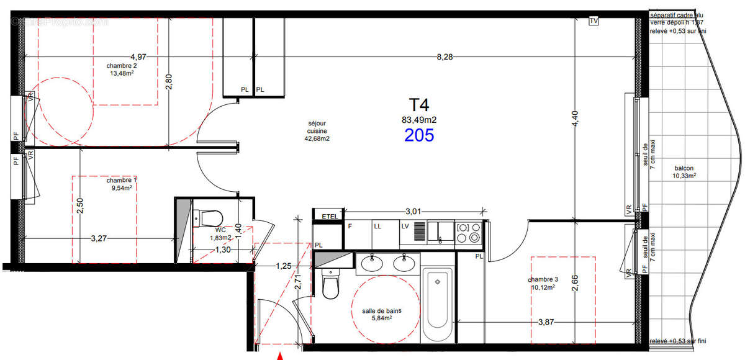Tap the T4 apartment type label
click(418, 104)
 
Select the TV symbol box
click(594, 21)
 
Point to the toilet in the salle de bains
click(330, 286)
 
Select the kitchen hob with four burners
click(469, 232)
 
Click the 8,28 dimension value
click(445, 57)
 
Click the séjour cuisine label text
click(317, 131)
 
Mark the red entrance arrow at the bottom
click(280, 356)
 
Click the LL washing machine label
click(377, 227)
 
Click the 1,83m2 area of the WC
click(220, 238)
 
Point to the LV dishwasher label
click(405, 227)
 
